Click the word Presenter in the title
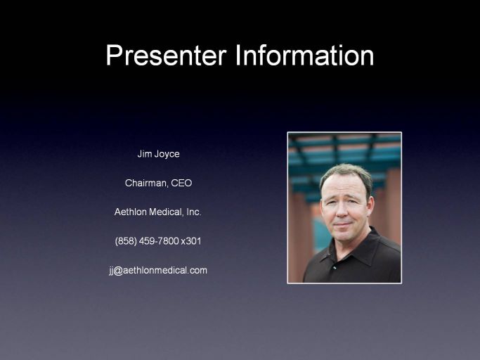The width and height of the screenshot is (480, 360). point(167,56)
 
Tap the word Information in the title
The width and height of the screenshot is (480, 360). point(304,55)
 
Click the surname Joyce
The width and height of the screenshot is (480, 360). point(167,154)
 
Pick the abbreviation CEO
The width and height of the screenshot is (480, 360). point(181,183)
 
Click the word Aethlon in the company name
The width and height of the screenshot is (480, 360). point(131,212)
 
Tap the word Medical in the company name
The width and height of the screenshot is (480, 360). point(167,212)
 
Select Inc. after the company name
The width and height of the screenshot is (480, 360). point(194,212)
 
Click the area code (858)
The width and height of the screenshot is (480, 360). point(126,241)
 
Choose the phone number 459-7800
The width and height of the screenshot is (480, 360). point(159,241)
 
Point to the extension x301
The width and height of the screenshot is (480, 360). point(191,241)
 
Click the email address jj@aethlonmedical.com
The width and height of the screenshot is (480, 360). point(158,270)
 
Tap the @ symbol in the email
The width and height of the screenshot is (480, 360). point(119,271)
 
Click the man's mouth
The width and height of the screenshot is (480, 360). point(342,224)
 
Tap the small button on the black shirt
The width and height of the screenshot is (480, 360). point(335,267)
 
